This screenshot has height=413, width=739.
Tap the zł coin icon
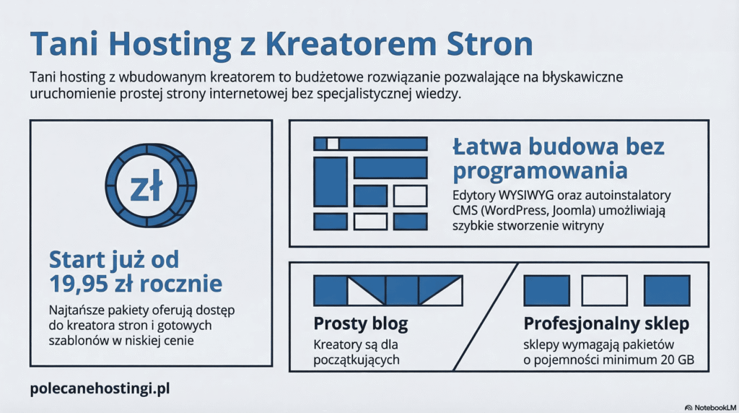coord(150,186)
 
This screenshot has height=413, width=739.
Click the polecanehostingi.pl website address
coord(100,388)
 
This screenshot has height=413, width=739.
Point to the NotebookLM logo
coord(709,407)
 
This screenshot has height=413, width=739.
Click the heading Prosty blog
coord(360,323)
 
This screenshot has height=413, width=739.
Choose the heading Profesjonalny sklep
coord(606,323)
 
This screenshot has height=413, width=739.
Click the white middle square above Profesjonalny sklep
coord(604,290)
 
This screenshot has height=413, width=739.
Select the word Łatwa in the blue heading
coord(488,147)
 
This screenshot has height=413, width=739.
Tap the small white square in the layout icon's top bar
coord(333,144)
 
